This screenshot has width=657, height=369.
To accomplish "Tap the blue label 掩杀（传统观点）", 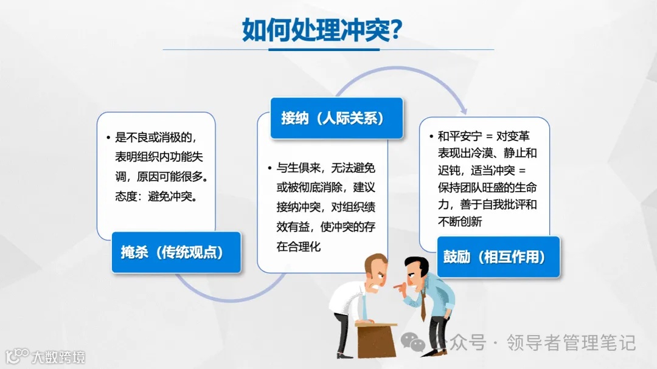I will point(176,252).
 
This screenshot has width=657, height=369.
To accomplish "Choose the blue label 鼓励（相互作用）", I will point(498,257).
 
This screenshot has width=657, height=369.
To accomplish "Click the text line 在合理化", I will point(299,246).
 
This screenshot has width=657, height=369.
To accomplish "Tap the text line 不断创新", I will point(459,222).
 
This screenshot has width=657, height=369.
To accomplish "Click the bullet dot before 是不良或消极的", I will point(108,137).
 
